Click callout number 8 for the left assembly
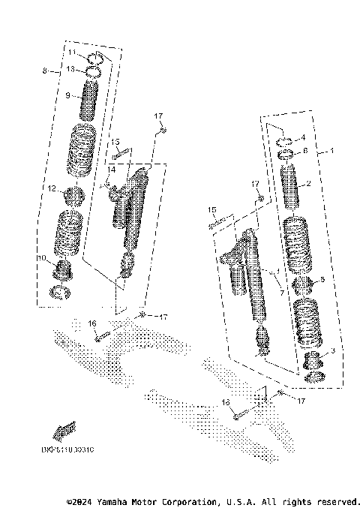(45, 71)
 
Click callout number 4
(303, 138)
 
